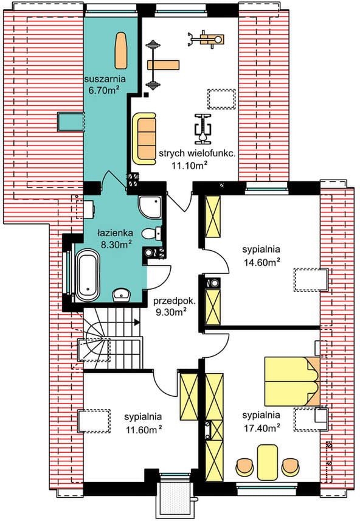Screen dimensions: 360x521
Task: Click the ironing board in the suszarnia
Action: [x=120, y=49]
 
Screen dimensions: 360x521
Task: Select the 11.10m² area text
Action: [x=190, y=164]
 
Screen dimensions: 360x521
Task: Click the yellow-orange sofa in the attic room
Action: [x=144, y=138]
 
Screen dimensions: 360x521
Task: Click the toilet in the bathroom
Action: [x=151, y=233]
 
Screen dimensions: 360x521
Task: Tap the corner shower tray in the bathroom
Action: [x=150, y=207]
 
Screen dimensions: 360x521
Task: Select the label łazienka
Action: [x=116, y=233]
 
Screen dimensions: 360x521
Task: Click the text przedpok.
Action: [x=175, y=302]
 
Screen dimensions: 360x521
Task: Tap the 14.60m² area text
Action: [x=261, y=262]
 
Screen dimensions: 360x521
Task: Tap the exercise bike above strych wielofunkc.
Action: [x=202, y=128]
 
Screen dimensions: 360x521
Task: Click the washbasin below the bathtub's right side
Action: [x=122, y=295]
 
